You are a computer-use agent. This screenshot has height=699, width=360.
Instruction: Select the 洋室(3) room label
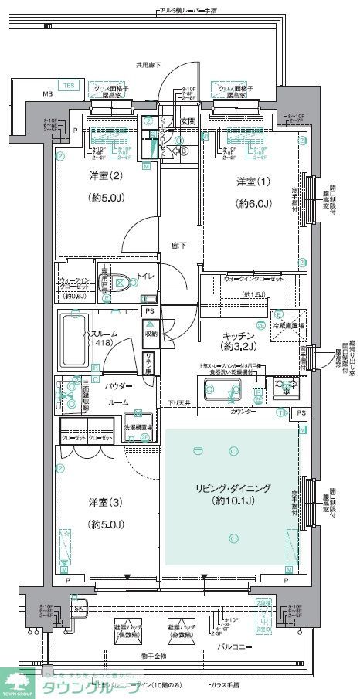(x=102, y=503)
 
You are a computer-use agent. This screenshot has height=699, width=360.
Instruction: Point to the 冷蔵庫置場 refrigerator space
(x=290, y=326)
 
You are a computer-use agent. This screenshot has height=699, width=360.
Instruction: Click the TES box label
(x=69, y=84)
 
